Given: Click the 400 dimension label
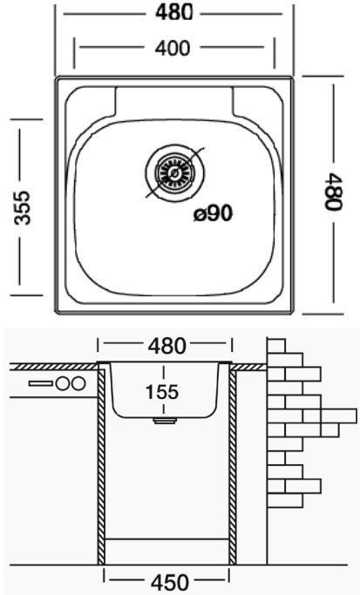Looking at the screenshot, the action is click(172, 48).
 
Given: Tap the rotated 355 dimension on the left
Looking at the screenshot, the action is click(22, 207).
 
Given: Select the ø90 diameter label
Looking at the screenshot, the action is click(213, 214).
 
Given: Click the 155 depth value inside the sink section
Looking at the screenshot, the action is click(162, 392).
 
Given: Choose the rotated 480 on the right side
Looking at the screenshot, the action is click(334, 192).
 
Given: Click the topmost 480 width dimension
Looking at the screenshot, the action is click(173, 12).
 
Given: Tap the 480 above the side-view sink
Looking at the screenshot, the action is click(167, 346).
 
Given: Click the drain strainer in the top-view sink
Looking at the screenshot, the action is click(174, 173).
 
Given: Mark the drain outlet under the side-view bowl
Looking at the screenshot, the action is click(165, 420).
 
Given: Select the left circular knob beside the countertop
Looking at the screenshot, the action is click(62, 383).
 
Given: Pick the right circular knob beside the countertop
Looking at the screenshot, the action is click(78, 383).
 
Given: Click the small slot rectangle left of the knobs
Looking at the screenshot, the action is click(41, 383).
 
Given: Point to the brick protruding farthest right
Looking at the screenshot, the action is click(339, 416).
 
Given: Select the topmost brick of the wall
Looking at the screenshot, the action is click(276, 346).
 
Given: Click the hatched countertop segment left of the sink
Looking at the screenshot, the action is click(53, 367).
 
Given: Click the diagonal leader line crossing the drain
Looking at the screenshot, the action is click(175, 172).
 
